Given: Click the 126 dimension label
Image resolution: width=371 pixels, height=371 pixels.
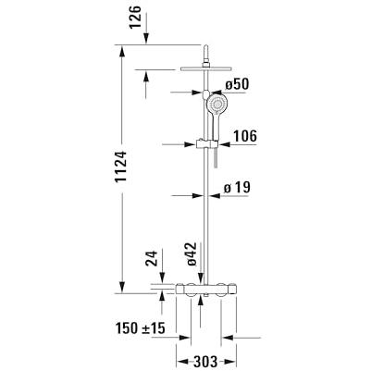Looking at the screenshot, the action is [x=135, y=17].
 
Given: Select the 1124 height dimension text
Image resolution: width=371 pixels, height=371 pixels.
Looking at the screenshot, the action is [x=120, y=167].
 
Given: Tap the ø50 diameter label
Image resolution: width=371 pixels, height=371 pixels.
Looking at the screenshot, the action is [x=237, y=84].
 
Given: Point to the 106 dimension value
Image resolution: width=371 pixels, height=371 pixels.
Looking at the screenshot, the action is [x=245, y=136].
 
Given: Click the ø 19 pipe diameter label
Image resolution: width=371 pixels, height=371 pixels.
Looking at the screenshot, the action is [x=237, y=188].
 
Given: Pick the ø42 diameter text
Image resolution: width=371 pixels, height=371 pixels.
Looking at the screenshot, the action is [x=192, y=254].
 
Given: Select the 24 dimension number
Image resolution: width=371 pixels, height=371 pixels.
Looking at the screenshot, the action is [x=151, y=258].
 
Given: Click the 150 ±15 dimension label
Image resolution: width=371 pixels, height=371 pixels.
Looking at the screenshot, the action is [x=141, y=328].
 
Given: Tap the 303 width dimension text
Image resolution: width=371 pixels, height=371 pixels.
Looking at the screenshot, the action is [x=205, y=361].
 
